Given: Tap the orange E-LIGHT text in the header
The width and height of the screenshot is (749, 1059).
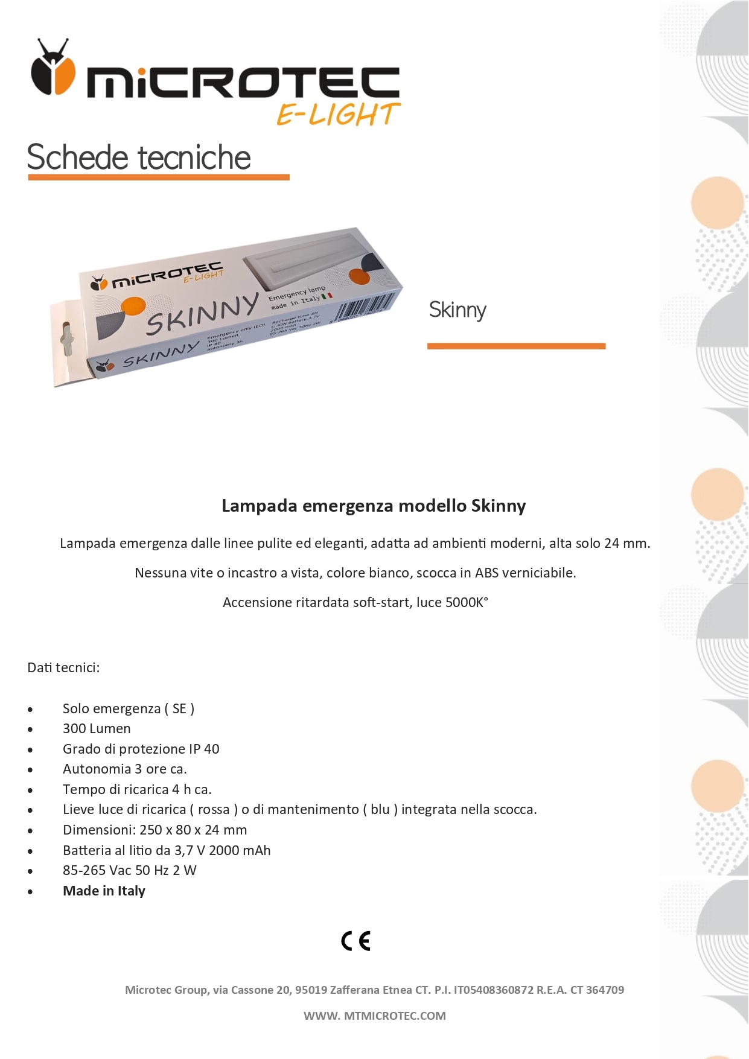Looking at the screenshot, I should coord(338,114).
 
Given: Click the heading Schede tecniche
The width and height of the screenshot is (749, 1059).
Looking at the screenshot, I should coord(139,158).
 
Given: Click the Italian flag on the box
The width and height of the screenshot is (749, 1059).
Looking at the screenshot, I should coord(327,296).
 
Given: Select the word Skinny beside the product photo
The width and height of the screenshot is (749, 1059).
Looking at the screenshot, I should coord(457,310).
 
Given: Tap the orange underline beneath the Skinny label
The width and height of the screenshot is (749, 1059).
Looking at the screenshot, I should coord(516,346).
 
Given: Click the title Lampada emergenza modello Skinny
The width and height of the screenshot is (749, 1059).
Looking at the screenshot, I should coord(374,506).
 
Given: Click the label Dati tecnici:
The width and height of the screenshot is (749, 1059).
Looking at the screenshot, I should coord(63,667).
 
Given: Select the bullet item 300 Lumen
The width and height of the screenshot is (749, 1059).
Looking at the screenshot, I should coord(97,728).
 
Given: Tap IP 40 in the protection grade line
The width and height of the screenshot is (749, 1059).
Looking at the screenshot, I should coord(204,749).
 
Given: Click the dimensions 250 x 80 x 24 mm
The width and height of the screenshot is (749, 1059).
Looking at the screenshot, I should coord(193,830).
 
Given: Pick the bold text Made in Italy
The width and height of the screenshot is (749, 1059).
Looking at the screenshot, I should coord(104,891).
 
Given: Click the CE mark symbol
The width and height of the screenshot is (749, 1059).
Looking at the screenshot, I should coord(356,941).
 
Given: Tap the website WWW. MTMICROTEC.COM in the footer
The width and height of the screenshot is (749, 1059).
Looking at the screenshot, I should coord(374,1016).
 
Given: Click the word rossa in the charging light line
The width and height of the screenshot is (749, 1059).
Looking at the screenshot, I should coord(214,809).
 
